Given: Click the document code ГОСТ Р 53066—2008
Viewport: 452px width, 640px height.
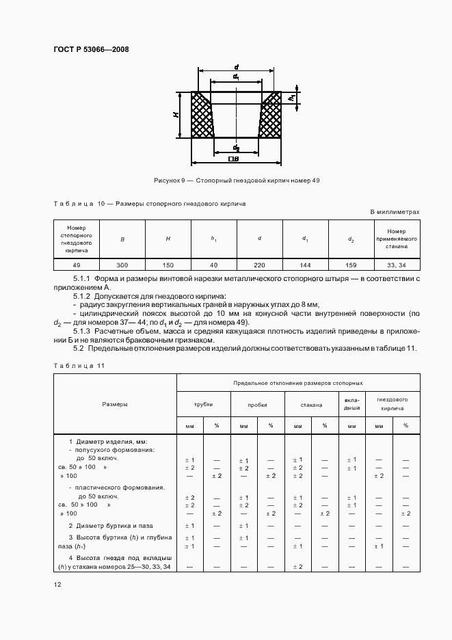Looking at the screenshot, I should pyautogui.click(x=91, y=49).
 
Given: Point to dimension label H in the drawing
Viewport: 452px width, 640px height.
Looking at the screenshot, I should pyautogui.click(x=176, y=114).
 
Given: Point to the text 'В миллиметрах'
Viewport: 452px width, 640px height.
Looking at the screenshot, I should pyautogui.click(x=395, y=213).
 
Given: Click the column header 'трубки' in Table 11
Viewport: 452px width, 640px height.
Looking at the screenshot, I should pyautogui.click(x=203, y=405).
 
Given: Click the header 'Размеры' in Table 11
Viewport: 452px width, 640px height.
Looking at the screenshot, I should pyautogui.click(x=115, y=405).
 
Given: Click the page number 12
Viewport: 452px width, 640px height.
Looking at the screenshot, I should pyautogui.click(x=57, y=584).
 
